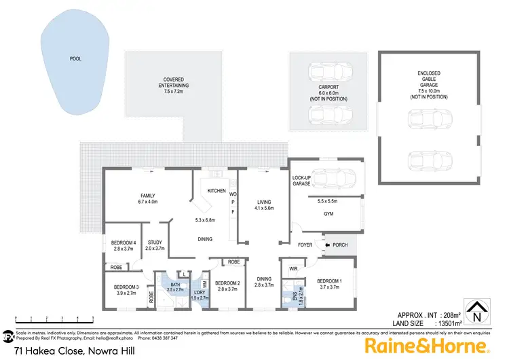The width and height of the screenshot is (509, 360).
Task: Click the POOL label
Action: [x=75, y=59]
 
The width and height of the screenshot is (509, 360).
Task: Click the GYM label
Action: [x=328, y=214]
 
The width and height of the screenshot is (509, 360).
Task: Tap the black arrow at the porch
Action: [x=326, y=245]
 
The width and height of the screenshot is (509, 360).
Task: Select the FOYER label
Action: [x=304, y=245]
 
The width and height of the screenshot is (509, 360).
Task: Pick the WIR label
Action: [x=294, y=270]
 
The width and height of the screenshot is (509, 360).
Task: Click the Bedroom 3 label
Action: [x=127, y=291]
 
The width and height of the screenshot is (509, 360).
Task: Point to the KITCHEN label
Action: [x=216, y=191]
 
